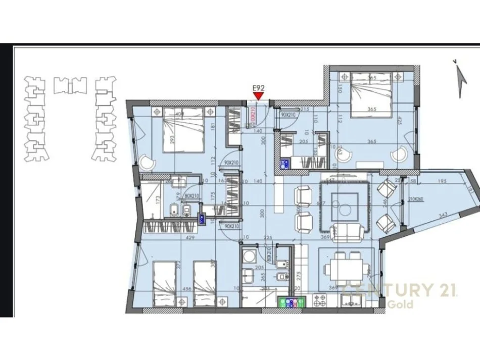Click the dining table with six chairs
point(347,270)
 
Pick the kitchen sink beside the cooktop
point(350,301)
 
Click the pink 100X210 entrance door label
point(253,118)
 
